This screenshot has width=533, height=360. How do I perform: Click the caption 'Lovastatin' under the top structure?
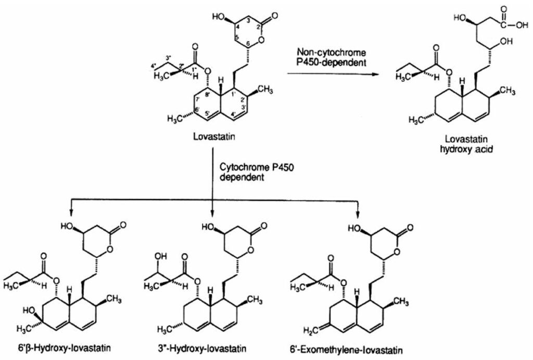click(x=214, y=137)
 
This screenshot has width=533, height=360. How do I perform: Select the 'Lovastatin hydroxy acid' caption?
click(x=466, y=144)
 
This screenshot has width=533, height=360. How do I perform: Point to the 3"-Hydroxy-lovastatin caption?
click(x=200, y=349)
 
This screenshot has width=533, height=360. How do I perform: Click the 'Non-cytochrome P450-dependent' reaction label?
click(x=332, y=57)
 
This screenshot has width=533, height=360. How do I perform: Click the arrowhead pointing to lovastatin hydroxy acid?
click(x=375, y=74)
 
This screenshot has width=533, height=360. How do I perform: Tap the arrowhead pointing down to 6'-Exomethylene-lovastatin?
click(x=357, y=214)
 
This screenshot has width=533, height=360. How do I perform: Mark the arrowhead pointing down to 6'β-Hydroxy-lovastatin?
click(x=71, y=213)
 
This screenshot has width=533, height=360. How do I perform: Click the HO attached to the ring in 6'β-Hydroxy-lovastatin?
click(x=29, y=311)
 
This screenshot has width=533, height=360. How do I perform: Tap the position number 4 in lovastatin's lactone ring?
click(x=237, y=27)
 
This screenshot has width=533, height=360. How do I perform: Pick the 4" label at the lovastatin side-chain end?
click(x=153, y=65)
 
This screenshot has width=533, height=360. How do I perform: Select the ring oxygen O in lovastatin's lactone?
click(x=261, y=41)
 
